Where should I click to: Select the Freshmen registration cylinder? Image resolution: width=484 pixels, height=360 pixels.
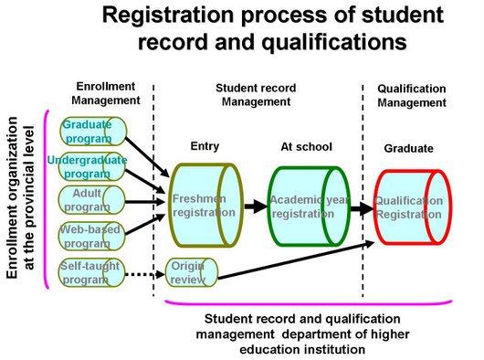pyautogui.click(x=203, y=205)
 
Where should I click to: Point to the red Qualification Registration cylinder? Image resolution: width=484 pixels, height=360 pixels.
pyautogui.click(x=410, y=206)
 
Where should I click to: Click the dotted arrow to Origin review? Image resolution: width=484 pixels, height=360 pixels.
pyautogui.click(x=149, y=271)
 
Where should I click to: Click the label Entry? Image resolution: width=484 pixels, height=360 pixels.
pyautogui.click(x=205, y=146)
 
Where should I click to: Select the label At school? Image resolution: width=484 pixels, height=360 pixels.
pyautogui.click(x=306, y=146)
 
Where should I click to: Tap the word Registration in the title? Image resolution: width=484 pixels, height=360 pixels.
pyautogui.click(x=182, y=16)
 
